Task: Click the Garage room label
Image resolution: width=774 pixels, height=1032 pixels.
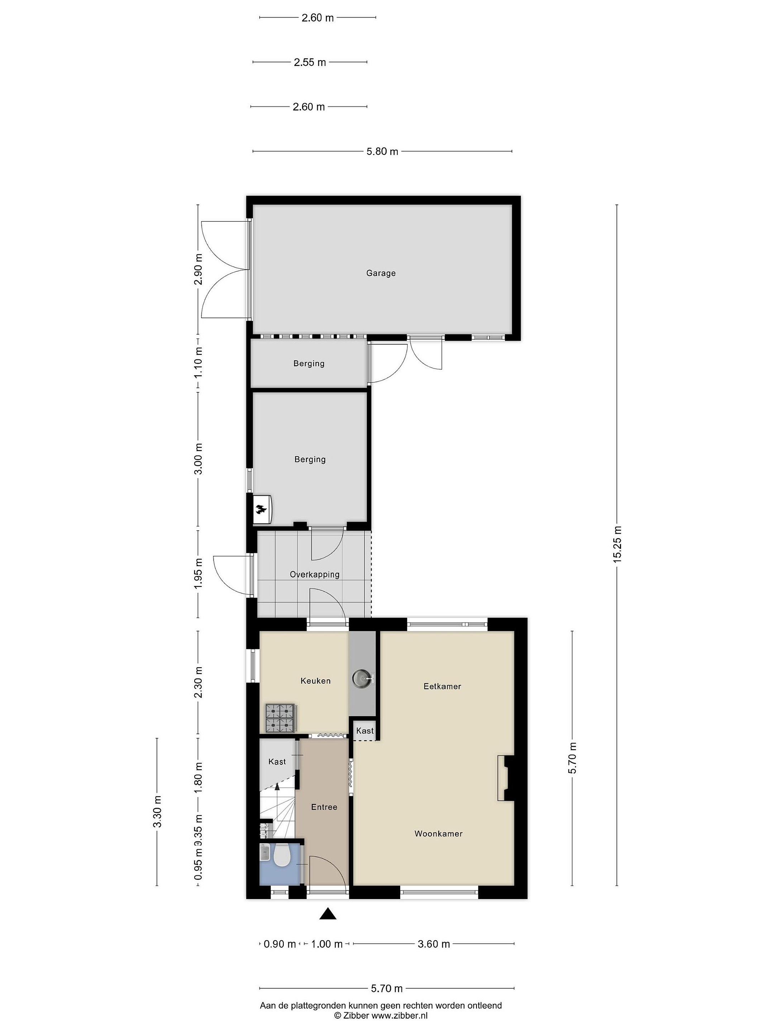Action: (381, 273)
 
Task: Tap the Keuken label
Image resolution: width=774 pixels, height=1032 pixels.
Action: (315, 681)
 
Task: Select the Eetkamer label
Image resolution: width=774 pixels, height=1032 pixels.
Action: (442, 686)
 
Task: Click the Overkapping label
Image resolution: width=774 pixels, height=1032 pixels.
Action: (315, 574)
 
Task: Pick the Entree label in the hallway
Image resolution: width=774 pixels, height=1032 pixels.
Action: (324, 807)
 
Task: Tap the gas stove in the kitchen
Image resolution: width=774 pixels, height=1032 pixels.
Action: (280, 717)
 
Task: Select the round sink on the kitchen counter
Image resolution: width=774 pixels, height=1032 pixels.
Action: (362, 678)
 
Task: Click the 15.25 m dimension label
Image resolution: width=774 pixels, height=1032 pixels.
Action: (617, 544)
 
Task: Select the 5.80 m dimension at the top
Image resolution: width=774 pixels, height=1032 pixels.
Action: (382, 151)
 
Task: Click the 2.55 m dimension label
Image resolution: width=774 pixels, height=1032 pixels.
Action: (310, 62)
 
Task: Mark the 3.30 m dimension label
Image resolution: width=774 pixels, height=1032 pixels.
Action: (157, 811)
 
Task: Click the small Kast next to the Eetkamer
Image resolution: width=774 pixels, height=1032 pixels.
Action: (365, 731)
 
